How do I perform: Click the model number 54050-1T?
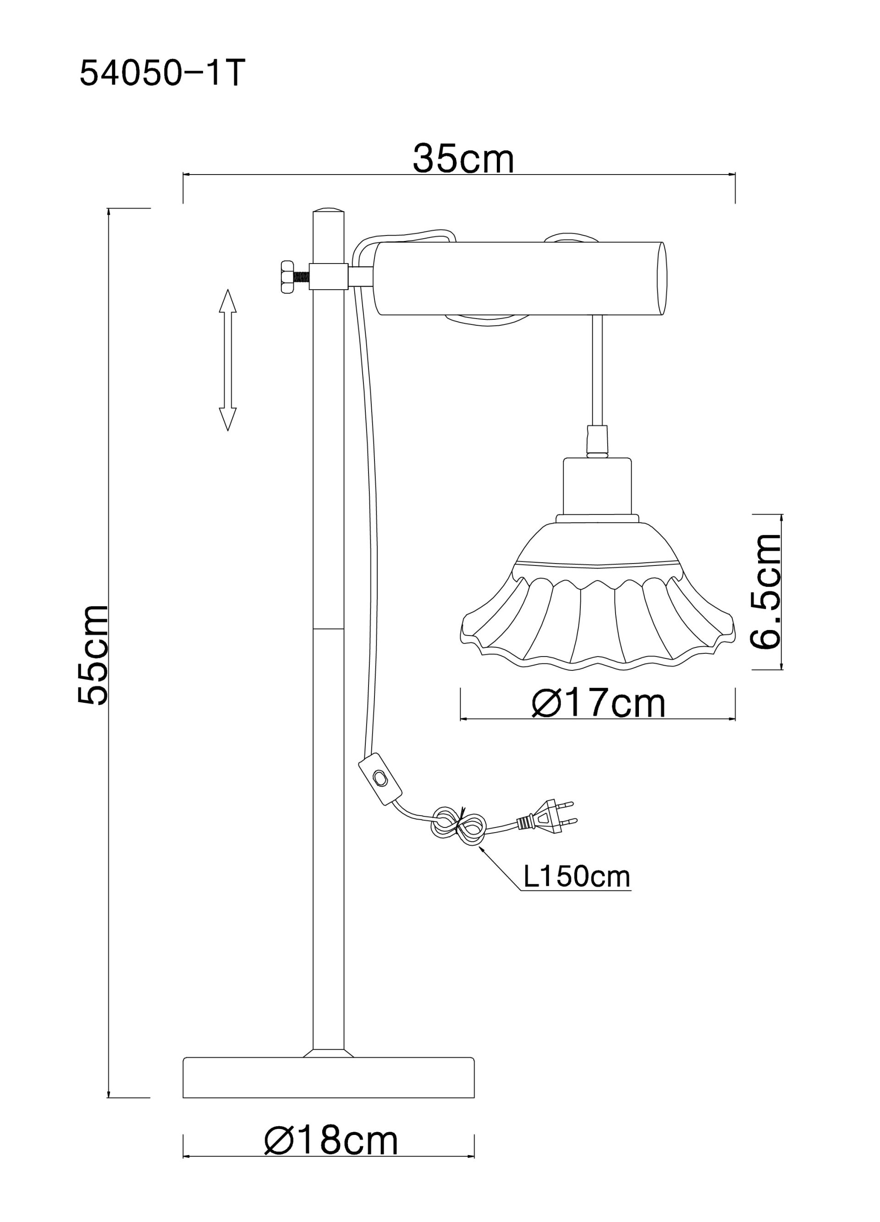coord(162,73)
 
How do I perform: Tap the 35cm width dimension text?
coord(463,159)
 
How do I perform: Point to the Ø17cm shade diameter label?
coord(598,703)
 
